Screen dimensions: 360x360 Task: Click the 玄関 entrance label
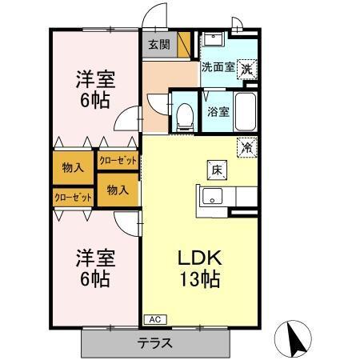click(158, 45)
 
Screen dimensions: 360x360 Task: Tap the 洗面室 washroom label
click(217, 68)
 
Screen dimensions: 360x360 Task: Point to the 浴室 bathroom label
click(218, 112)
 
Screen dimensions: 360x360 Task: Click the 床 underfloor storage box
click(217, 169)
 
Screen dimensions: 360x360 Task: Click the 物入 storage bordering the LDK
click(118, 190)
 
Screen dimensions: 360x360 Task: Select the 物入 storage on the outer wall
click(72, 167)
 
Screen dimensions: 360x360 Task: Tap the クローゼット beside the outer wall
click(72, 197)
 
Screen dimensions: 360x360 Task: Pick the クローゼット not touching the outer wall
click(118, 160)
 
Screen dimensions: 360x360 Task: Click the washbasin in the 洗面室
click(211, 40)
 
